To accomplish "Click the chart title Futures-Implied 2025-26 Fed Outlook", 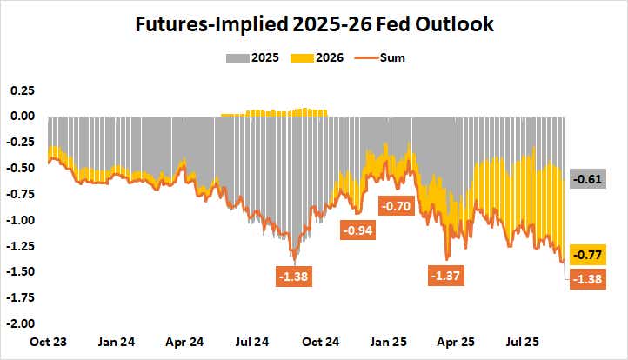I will click(313, 24).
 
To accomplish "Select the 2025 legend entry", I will click(256, 58).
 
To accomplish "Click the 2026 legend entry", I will click(321, 58).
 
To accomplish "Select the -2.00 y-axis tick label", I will click(19, 323).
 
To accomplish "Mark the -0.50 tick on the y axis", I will click(19, 169).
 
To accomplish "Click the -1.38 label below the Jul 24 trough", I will click(294, 277).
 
